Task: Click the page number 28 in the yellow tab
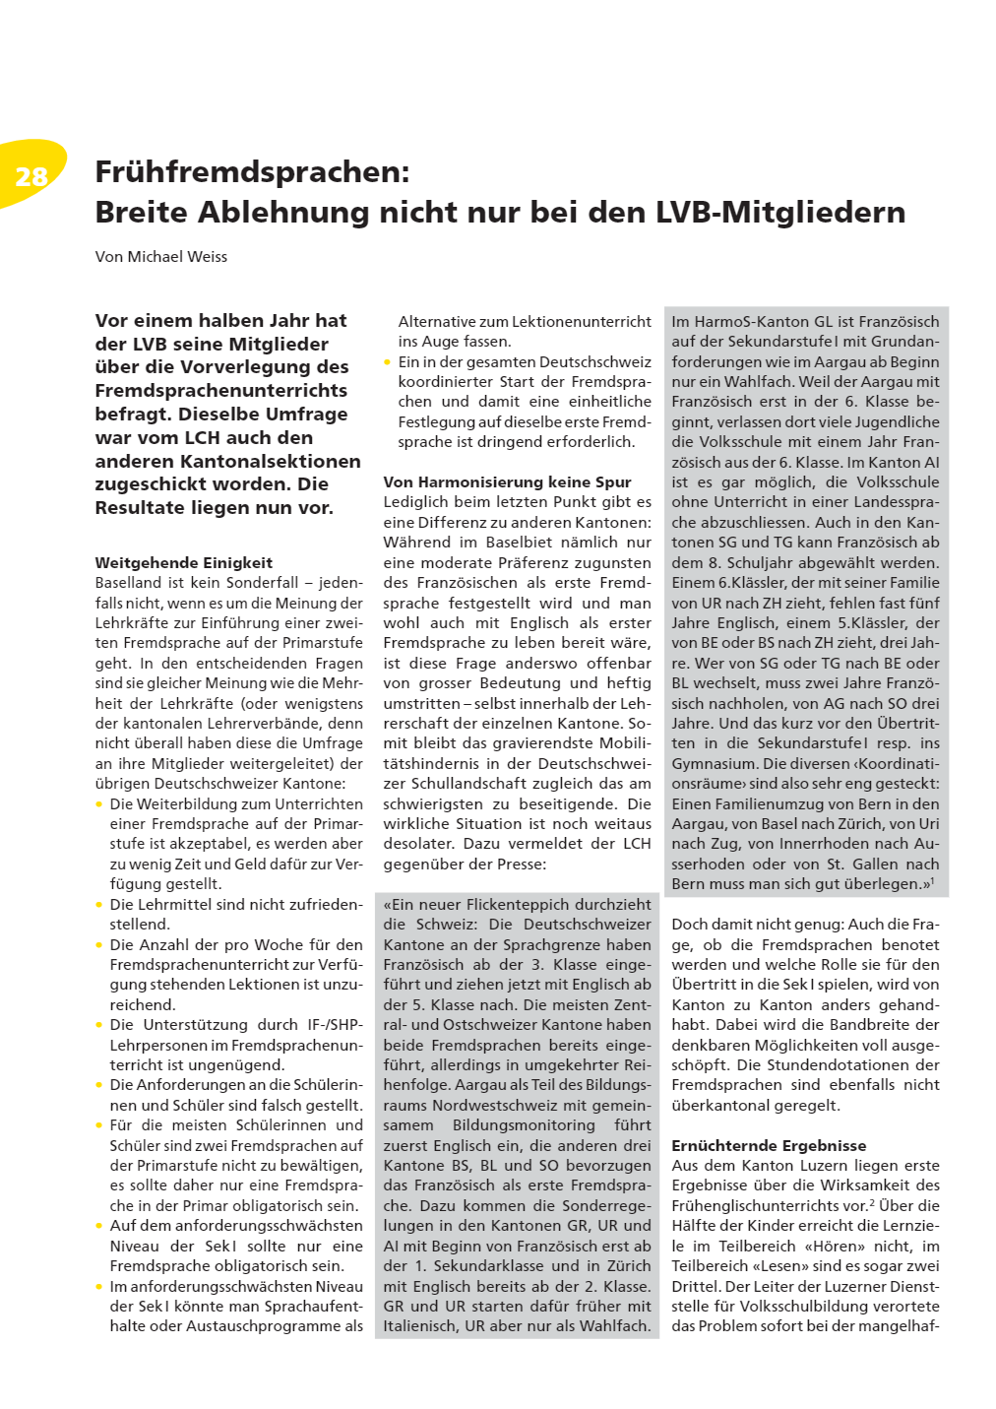[x=31, y=176]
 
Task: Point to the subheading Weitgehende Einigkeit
[x=183, y=563]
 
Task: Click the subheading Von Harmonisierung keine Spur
[x=507, y=482]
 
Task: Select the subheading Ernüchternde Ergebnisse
[x=769, y=1146]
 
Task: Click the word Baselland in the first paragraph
[x=128, y=583]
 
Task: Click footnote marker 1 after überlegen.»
[x=932, y=880]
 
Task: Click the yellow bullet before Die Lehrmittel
[x=99, y=905]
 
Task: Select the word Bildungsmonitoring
[x=524, y=1125]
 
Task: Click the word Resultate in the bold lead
[x=142, y=508]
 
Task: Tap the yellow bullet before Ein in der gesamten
[x=388, y=362]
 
